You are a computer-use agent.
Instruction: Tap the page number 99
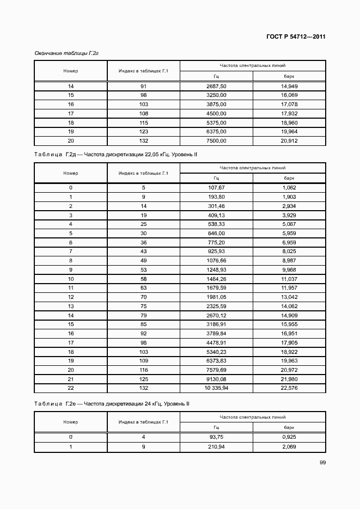click(x=322, y=463)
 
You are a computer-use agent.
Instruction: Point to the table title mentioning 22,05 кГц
click(x=115, y=155)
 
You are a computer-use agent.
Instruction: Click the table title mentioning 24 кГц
click(x=112, y=403)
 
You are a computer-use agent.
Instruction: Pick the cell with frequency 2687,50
click(x=216, y=87)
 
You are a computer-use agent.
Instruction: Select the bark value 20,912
click(x=289, y=140)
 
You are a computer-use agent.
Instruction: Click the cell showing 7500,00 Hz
click(x=216, y=140)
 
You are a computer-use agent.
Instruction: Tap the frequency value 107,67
click(x=216, y=187)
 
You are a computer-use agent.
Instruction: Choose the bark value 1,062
click(x=289, y=187)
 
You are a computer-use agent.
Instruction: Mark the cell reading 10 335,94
click(x=216, y=388)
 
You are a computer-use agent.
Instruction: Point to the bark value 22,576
click(x=289, y=388)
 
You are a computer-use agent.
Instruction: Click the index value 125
click(x=144, y=379)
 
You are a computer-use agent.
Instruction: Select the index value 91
click(x=144, y=87)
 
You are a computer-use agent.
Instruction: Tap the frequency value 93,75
click(x=216, y=437)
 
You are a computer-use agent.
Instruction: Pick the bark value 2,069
click(x=289, y=446)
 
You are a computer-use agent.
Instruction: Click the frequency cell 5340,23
click(x=216, y=352)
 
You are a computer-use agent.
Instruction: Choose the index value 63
click(x=144, y=288)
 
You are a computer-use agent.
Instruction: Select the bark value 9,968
click(x=289, y=269)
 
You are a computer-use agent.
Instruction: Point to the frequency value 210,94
click(x=216, y=446)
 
